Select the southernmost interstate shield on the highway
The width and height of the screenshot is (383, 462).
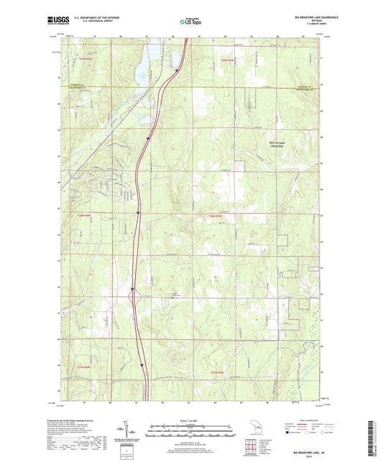(143, 363)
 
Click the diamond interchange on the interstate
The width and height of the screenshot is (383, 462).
(133, 293)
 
